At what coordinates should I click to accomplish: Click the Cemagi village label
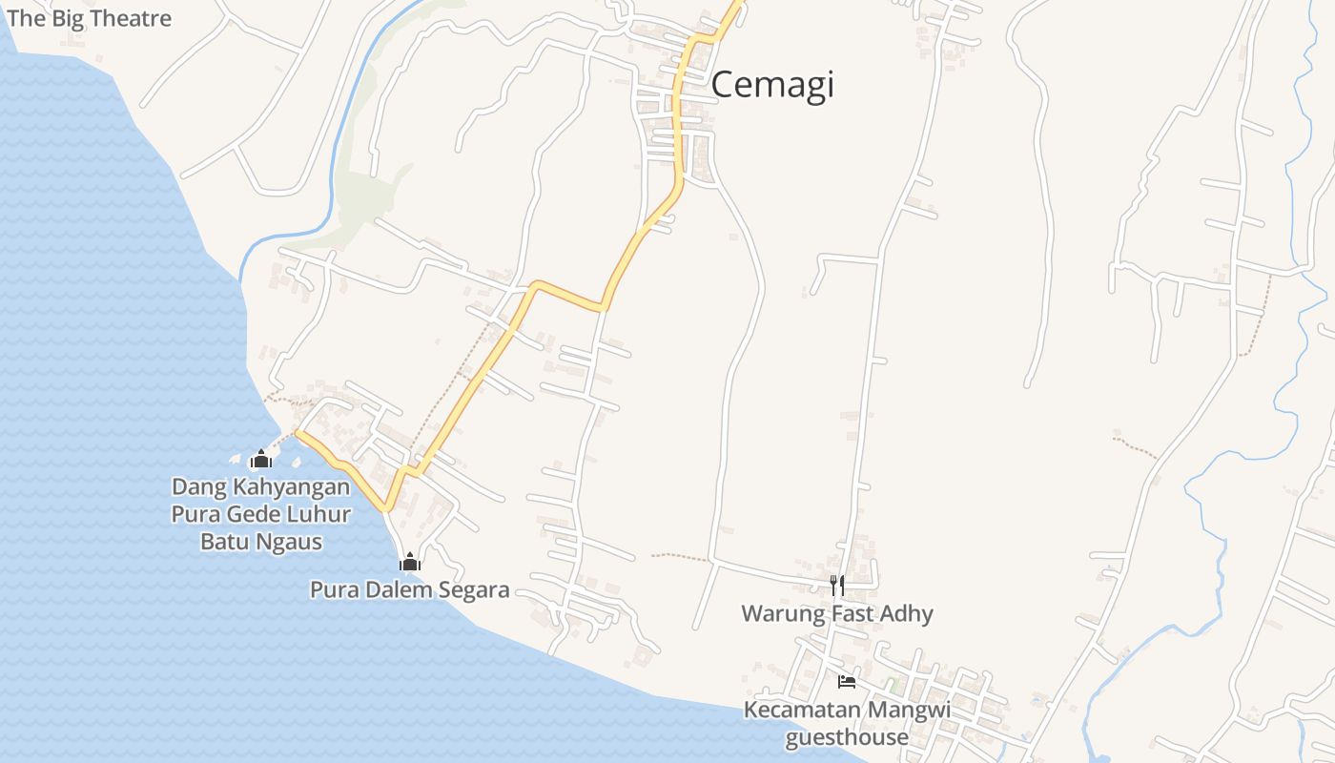click(772, 85)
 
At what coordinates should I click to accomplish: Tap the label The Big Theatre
click(89, 18)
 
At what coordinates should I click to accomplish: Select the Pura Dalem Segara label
click(409, 589)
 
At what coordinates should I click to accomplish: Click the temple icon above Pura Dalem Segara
click(410, 562)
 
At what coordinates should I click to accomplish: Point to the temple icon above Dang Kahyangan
click(260, 460)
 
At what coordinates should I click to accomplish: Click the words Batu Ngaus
click(260, 542)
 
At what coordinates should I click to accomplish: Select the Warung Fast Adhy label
click(837, 613)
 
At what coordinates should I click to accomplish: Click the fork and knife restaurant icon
click(837, 585)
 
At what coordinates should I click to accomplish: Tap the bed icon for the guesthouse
click(846, 681)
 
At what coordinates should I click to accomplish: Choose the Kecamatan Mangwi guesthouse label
click(847, 723)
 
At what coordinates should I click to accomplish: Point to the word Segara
click(473, 589)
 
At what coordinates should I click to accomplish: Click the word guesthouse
click(847, 737)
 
